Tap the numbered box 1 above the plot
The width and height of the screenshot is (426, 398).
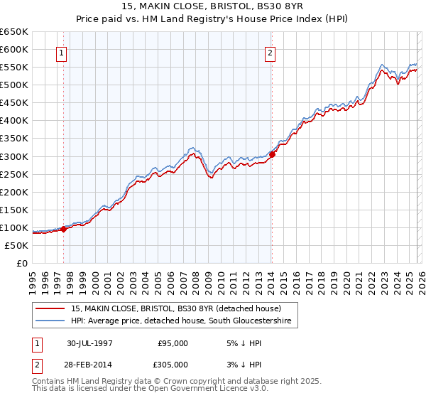coord(62,53)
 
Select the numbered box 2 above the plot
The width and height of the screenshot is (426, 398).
coord(271,53)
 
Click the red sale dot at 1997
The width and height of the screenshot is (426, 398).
coord(64,229)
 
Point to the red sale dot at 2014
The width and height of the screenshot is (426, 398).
coord(272,154)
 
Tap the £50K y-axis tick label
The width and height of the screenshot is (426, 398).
coord(16,245)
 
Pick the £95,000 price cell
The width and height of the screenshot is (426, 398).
coord(173,343)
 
